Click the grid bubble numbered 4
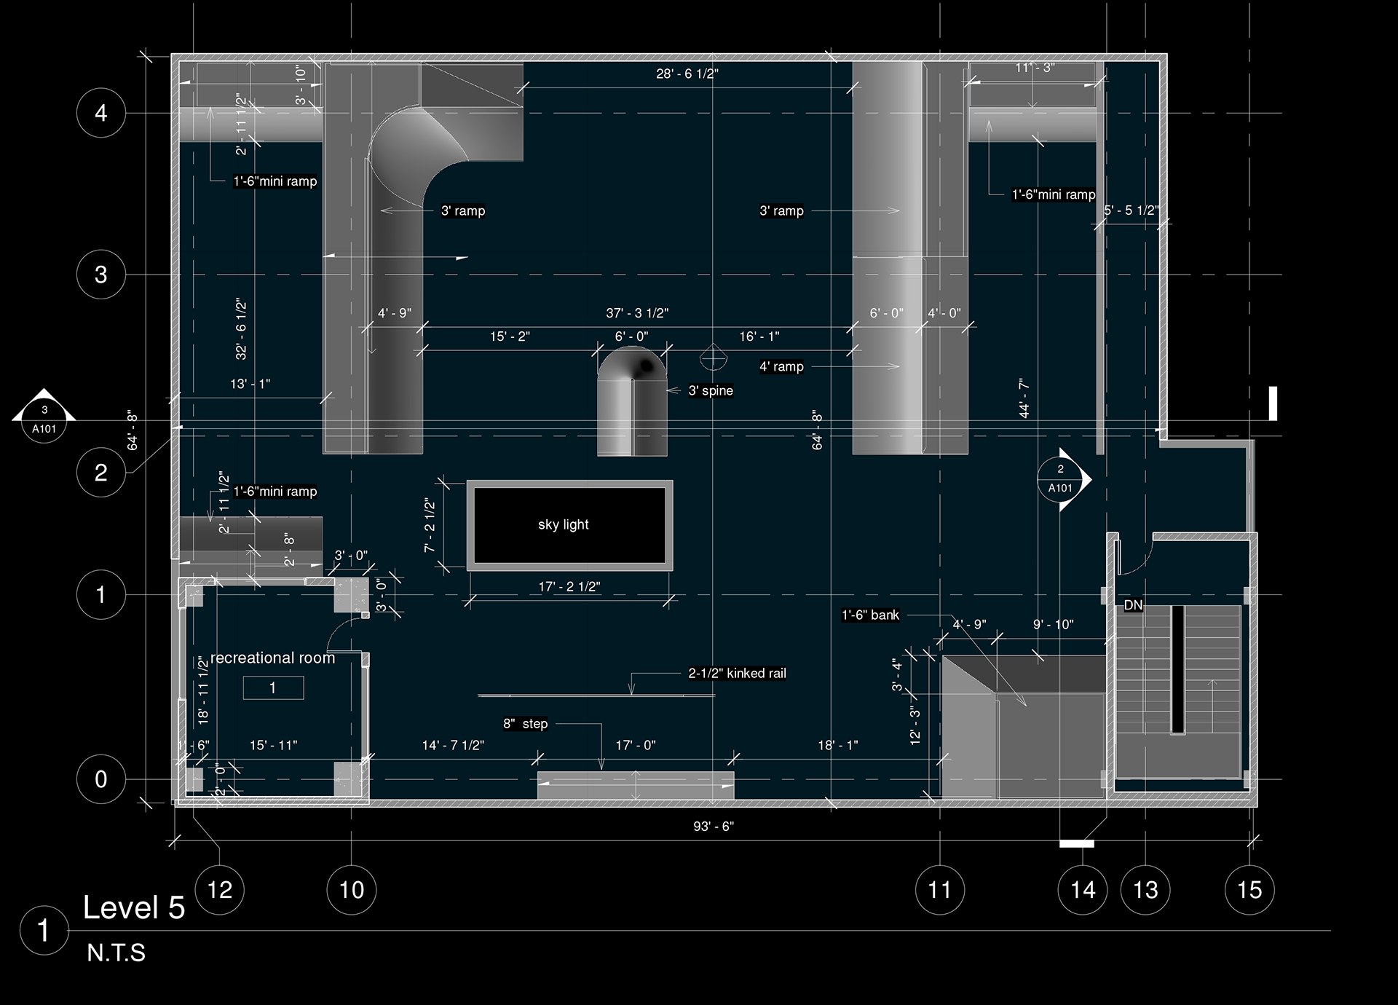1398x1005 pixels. pos(101,113)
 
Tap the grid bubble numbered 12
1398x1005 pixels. pos(220,889)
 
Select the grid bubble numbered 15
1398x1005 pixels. pos(1249,889)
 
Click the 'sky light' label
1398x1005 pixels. pos(564,524)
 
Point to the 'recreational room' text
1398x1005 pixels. pos(273,658)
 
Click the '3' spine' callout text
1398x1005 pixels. pos(711,390)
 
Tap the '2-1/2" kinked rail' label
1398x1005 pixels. pos(737,673)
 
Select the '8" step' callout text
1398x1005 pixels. pos(525,723)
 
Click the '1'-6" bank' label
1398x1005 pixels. pos(870,615)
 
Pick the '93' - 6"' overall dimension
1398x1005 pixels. pos(714,827)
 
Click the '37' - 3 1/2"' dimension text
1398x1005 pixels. pos(637,313)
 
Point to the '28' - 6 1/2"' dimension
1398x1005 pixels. pos(687,74)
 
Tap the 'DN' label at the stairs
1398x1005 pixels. pos(1133,605)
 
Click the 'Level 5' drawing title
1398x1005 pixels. pos(134,907)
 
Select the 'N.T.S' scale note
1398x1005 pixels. pos(116,953)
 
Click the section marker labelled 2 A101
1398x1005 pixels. pos(1063,479)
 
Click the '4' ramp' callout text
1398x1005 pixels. pos(781,366)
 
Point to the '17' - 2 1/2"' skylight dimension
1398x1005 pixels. pos(569,586)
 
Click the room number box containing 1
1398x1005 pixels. pos(273,687)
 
